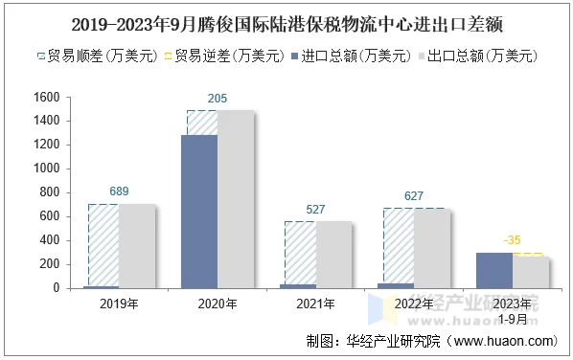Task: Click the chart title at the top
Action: [286, 20]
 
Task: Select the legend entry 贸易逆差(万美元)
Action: [230, 56]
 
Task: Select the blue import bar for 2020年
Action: [199, 211]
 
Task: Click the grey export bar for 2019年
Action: [136, 245]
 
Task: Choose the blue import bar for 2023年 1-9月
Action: [494, 270]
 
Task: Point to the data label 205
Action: [218, 99]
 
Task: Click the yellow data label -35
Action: [514, 240]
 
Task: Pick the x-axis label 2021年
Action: [315, 304]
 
